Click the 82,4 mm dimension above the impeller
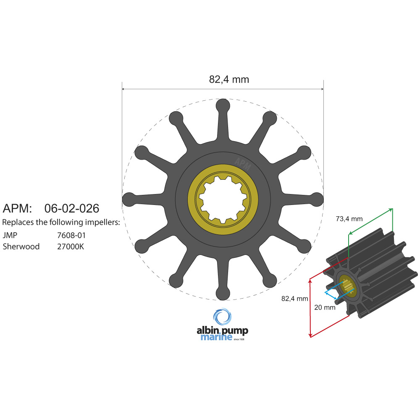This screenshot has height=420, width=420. pos(229,79)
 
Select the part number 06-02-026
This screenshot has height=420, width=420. pos(72,208)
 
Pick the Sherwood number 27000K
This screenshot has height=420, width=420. pos(71,247)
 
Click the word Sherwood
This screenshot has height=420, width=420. pos(21,247)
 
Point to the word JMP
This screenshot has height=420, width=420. pos(10,235)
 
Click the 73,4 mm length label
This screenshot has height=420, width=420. pos(349,219)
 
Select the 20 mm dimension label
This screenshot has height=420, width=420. pos(325,307)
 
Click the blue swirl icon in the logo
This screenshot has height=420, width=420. pos(222,317)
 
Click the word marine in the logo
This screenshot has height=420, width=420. pos(216,337)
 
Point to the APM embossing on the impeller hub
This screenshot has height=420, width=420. pos(243,163)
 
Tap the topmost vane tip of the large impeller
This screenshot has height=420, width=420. pos(223,105)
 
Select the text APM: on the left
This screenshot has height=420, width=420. pos(17,208)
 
